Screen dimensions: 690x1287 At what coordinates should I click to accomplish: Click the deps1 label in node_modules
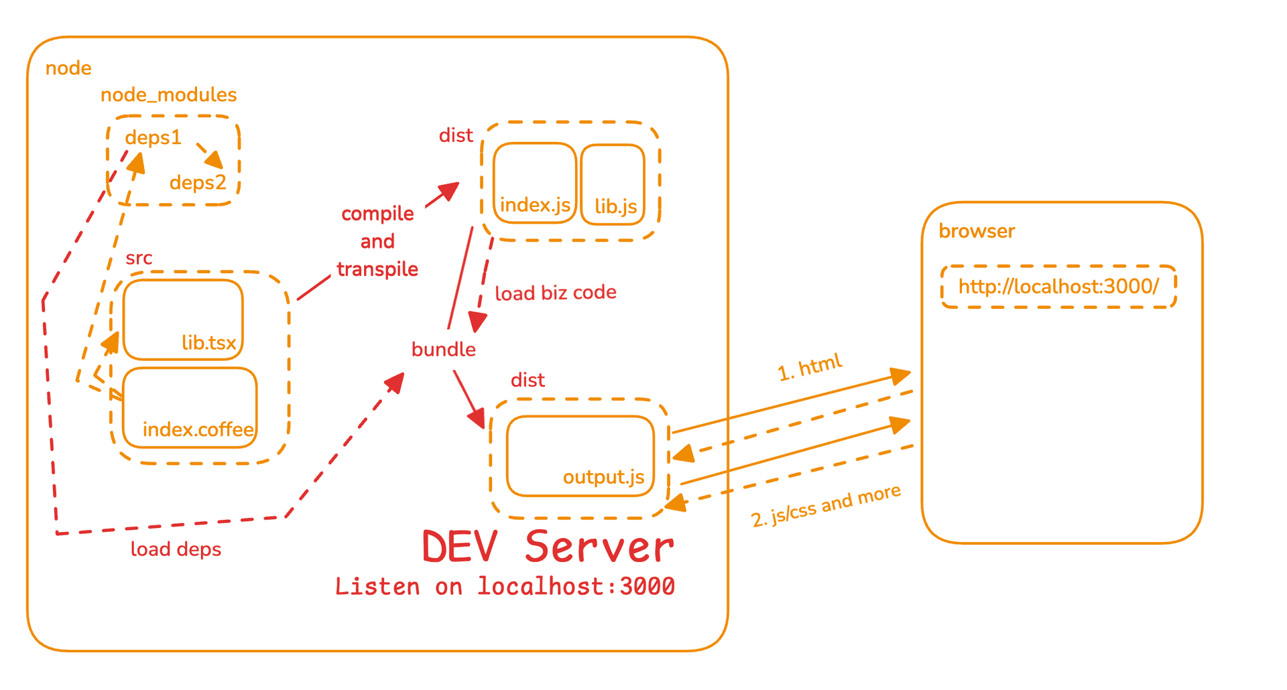(153, 138)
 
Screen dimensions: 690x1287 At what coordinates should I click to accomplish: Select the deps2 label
(198, 182)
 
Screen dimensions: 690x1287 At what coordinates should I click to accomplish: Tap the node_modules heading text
(168, 95)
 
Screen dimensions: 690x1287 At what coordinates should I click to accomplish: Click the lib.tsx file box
(183, 320)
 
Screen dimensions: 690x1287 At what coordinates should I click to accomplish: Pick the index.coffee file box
(190, 407)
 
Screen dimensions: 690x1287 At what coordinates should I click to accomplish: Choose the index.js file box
(535, 182)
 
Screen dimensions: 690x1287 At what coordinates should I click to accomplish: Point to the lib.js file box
(613, 184)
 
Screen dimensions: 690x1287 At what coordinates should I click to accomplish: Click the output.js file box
(580, 456)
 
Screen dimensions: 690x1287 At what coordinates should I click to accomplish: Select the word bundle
(443, 350)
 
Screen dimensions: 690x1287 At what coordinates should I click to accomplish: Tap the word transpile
(377, 269)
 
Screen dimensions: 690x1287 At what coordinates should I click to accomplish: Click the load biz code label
(556, 293)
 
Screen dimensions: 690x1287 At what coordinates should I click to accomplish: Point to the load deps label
(176, 549)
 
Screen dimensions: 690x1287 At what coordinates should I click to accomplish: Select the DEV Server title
(548, 547)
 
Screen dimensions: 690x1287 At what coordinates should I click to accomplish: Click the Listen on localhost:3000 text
(505, 587)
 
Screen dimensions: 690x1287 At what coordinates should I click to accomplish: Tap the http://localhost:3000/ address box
(1058, 287)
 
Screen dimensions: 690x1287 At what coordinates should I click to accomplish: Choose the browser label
(977, 231)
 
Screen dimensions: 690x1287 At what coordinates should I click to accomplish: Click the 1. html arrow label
(810, 368)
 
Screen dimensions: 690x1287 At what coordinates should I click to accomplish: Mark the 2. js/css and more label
(826, 506)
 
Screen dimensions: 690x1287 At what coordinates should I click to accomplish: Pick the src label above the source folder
(139, 258)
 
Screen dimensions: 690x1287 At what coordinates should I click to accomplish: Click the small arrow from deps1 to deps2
(209, 155)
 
